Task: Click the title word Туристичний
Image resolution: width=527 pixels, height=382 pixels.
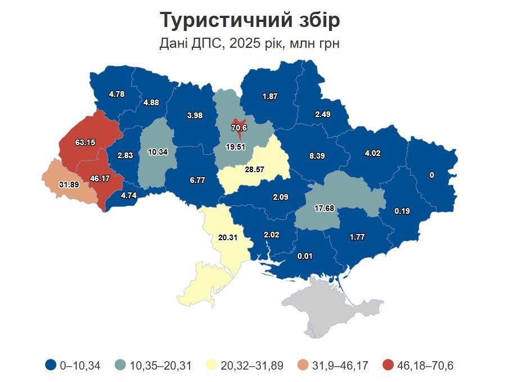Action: pos(224,20)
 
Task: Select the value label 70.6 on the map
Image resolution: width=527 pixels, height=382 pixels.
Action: pos(239,128)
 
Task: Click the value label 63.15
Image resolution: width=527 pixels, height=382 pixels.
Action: pos(85,142)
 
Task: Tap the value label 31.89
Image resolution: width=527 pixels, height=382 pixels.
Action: pos(68,184)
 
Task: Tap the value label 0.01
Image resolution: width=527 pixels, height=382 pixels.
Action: pos(304,257)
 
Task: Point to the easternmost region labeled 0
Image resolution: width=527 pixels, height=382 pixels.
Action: pos(432,175)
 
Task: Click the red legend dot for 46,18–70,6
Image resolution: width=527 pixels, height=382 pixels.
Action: pos(388,366)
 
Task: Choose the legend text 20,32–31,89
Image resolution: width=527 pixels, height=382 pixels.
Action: pos(252,366)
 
